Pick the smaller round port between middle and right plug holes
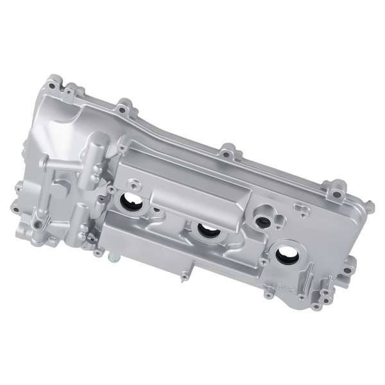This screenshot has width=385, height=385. point(262,222)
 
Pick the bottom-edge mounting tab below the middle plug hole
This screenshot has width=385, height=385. point(185,277)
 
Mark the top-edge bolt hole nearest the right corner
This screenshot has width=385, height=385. point(336,193)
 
